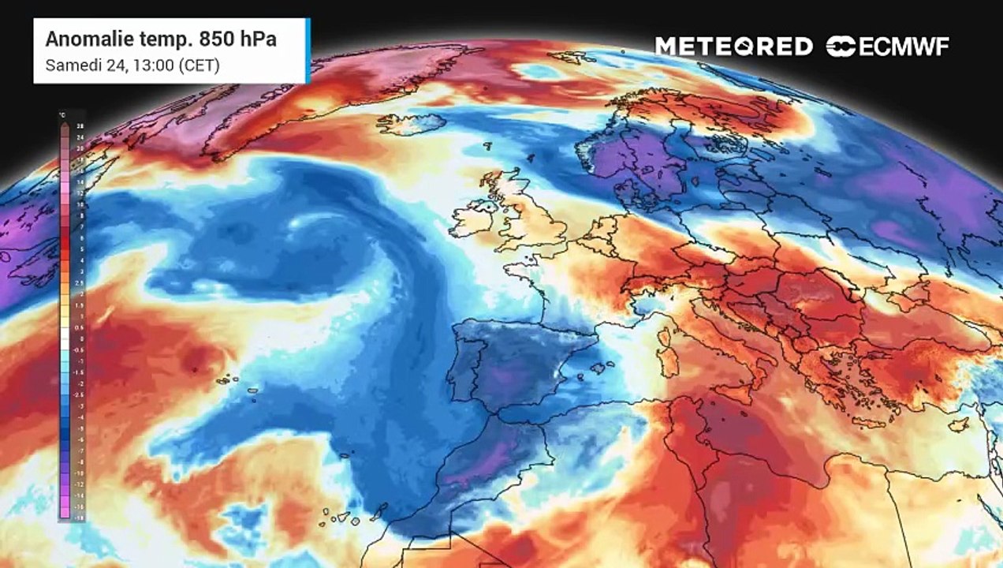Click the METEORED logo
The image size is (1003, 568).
coord(733,46)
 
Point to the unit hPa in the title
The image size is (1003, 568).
coord(259,39)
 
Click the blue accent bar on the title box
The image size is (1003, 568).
coord(308,50)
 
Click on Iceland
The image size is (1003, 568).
coord(411,124)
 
